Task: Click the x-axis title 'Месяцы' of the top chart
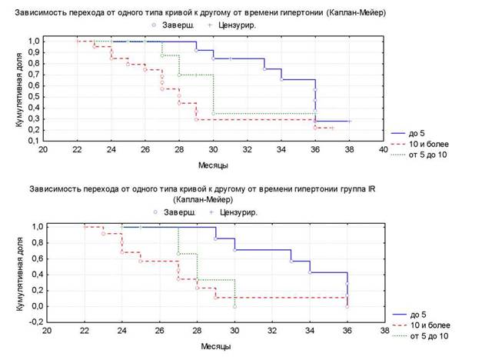pos(213,165)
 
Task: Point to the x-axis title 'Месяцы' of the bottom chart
pos(216,346)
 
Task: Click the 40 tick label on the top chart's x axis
pos(383,149)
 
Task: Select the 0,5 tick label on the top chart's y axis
pos(34,97)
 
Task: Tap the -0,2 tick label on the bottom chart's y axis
pos(36,322)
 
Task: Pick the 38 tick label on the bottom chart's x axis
pos(384,331)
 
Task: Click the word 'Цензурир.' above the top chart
pos(237,25)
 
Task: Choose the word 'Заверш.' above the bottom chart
pos(180,212)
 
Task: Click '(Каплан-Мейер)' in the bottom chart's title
pos(203,199)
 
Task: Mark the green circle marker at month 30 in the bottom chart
pos(235,306)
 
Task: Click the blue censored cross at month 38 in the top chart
pos(350,122)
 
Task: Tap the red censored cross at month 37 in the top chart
pos(332,128)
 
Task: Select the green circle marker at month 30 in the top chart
pos(214,114)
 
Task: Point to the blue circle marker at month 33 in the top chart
pos(264,69)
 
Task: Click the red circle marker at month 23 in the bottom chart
pos(103,234)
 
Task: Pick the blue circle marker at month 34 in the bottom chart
pos(310,272)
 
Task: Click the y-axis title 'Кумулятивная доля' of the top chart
pos(19,90)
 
